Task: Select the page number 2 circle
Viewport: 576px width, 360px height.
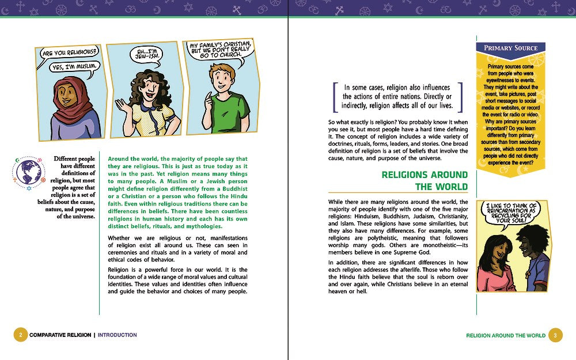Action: pyautogui.click(x=20, y=335)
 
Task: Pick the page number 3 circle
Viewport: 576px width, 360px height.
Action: pyautogui.click(x=555, y=335)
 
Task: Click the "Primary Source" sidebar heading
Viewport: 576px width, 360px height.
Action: pyautogui.click(x=510, y=48)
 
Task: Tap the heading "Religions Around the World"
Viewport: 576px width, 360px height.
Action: pyautogui.click(x=425, y=180)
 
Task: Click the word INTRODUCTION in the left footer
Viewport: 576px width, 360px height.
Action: pyautogui.click(x=118, y=335)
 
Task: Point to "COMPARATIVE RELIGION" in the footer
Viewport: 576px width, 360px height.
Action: pyautogui.click(x=60, y=335)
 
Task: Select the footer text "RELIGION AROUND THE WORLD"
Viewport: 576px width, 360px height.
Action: pyautogui.click(x=506, y=335)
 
